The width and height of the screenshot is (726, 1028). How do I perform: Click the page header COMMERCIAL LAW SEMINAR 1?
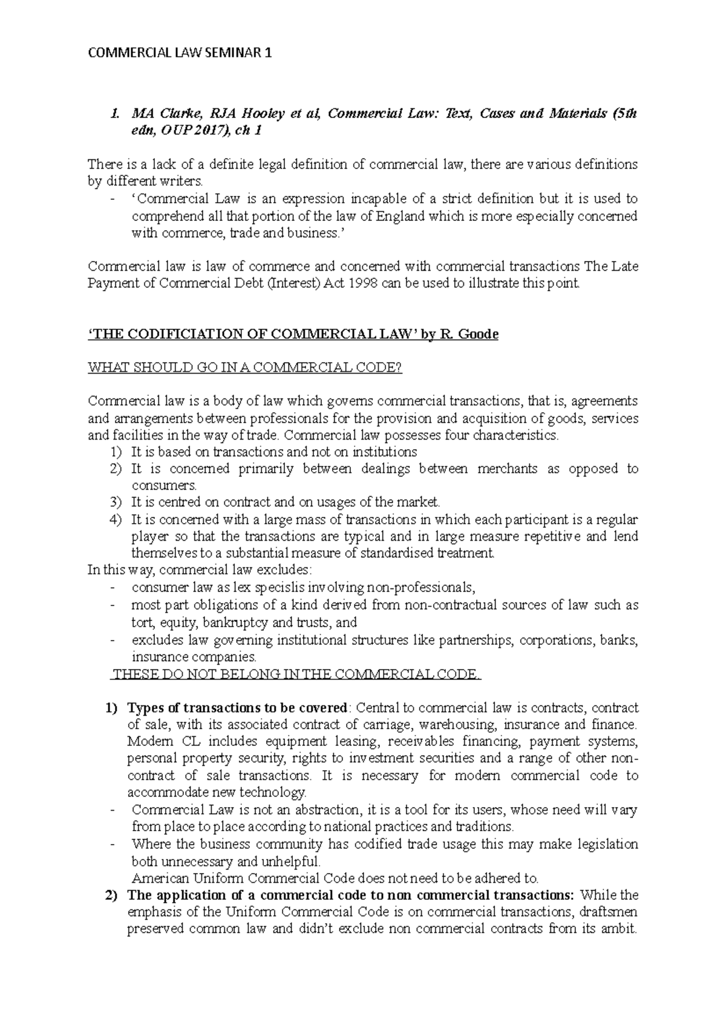point(180,54)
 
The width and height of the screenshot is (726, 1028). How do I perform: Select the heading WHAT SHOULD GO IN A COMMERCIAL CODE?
point(245,368)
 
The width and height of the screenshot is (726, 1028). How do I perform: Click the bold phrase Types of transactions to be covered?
point(238,708)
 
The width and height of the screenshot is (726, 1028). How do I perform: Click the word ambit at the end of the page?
point(620,929)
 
